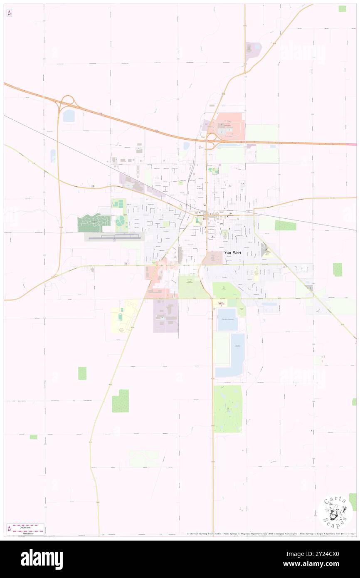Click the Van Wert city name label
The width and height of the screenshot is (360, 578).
pyautogui.click(x=232, y=252)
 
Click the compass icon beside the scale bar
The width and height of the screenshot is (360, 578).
pyautogui.click(x=9, y=529)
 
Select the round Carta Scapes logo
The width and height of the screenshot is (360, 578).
pyautogui.click(x=335, y=511)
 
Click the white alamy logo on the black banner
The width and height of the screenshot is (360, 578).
pyautogui.click(x=42, y=559)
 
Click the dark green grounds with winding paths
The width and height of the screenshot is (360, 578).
pyautogui.click(x=94, y=223)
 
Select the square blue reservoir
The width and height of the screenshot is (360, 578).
pyautogui.click(x=227, y=319)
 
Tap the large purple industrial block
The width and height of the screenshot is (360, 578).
pyautogui.click(x=165, y=316)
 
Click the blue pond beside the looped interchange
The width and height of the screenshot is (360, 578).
pyautogui.click(x=69, y=116)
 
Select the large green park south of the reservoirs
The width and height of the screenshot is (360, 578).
pyautogui.click(x=227, y=408)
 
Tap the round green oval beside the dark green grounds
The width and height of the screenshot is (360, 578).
pyautogui.click(x=121, y=221)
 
